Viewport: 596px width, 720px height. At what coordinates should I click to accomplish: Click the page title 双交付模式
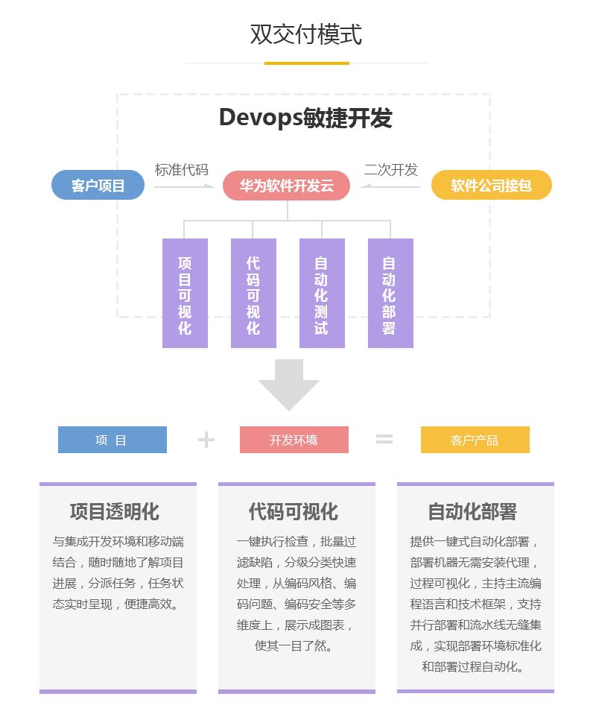point(305,35)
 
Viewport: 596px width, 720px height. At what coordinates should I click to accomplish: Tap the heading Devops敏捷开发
point(305,118)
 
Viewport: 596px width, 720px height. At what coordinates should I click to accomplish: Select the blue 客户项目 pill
point(98,185)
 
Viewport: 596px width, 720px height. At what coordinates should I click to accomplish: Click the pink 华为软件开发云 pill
point(287,186)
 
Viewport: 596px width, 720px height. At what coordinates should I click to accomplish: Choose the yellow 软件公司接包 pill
point(492,185)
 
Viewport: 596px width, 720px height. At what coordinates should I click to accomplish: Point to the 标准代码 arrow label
point(182,170)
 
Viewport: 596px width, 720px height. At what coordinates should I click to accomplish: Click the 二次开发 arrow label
point(391,170)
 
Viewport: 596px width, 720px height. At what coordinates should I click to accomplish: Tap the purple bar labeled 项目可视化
point(185,294)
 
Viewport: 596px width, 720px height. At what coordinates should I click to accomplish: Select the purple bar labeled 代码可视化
point(253,294)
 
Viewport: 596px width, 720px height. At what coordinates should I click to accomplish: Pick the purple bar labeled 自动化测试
point(322,294)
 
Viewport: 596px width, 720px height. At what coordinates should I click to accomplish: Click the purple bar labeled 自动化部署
point(390,294)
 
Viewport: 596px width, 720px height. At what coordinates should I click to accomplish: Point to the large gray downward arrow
point(289,385)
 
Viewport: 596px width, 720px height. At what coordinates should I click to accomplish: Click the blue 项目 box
point(112,440)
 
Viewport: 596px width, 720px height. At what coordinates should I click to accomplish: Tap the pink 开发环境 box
point(294,440)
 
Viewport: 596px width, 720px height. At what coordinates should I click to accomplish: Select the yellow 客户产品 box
point(475,440)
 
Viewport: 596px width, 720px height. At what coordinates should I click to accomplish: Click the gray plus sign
point(206,440)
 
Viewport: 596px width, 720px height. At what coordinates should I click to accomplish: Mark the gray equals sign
point(384,440)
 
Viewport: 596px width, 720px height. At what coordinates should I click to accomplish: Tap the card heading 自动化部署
point(472,511)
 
